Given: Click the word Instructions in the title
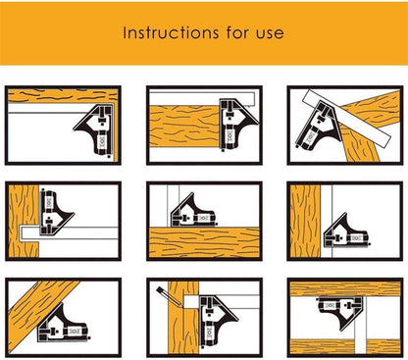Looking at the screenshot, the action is click(171, 32).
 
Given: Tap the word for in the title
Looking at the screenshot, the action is click(237, 32).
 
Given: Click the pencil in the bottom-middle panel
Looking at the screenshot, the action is click(169, 296).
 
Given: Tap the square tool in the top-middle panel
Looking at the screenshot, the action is click(236, 125).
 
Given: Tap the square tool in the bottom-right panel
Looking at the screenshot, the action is click(341, 309).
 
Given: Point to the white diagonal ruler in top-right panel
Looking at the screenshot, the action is click(346, 118).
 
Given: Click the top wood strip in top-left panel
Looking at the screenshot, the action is click(63, 96).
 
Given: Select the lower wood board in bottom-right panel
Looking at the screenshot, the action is click(345, 347).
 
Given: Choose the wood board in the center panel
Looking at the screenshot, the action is click(204, 242).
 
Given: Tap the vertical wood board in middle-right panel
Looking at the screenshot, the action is click(305, 221).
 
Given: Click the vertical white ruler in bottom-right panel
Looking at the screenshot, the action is click(361, 326).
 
